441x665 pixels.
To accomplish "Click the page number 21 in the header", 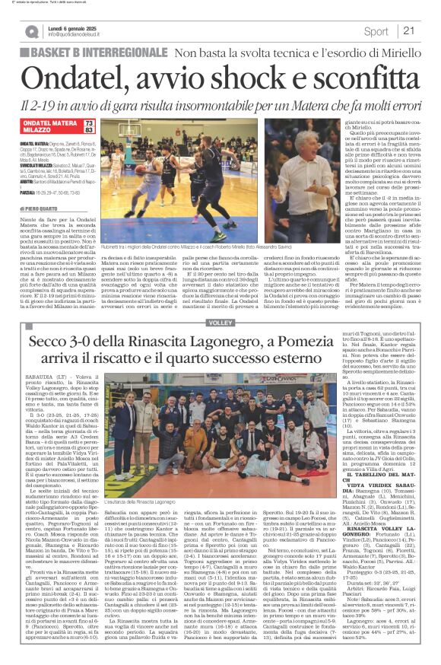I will [x=408, y=30].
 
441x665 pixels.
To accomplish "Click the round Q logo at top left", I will [x=31, y=31].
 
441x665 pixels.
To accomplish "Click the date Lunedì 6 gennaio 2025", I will [x=74, y=27].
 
